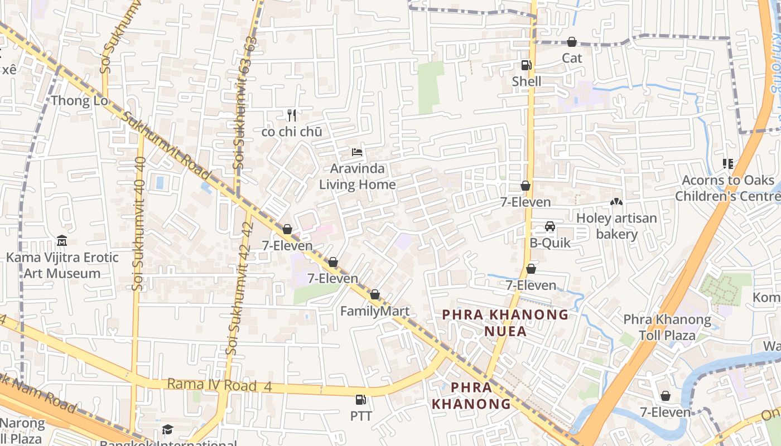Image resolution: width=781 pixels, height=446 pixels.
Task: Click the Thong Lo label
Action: coord(79,101)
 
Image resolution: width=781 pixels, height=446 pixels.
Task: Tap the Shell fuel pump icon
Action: coord(526,65)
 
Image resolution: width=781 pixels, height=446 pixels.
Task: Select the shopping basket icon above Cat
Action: coord(572,42)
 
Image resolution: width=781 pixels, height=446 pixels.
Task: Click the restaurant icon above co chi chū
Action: coord(291,115)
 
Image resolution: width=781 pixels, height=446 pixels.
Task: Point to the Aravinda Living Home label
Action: coord(358,176)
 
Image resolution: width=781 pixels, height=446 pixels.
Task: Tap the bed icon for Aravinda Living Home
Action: coord(357,152)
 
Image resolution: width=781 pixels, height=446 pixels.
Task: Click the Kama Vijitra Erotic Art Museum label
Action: coord(62,265)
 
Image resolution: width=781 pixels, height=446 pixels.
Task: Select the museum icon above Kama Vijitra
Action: coord(62,241)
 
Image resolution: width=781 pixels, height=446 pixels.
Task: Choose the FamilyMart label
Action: coord(375,311)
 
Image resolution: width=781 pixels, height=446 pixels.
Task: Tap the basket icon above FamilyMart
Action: coord(375,294)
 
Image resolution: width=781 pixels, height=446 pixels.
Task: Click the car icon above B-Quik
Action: coord(550,226)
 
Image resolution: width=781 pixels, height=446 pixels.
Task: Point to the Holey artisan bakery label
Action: coord(616,226)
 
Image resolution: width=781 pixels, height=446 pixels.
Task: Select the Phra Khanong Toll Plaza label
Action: coord(667,327)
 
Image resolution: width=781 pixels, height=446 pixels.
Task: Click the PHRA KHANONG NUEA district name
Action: coord(505,323)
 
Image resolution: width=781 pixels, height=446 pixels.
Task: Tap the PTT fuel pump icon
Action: coord(361,400)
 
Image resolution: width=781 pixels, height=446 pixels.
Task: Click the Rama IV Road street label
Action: coord(212,385)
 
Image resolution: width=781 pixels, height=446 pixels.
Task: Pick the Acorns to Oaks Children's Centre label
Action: coord(728,188)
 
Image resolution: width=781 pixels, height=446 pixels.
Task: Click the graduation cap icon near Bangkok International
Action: coord(167,429)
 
